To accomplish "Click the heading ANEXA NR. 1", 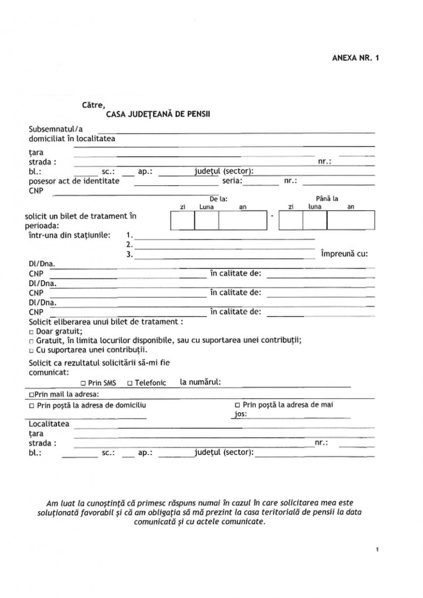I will pyautogui.click(x=355, y=58).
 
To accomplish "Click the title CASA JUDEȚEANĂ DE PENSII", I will pyautogui.click(x=158, y=114).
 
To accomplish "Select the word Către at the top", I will pyautogui.click(x=93, y=105).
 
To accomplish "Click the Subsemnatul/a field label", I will pyautogui.click(x=55, y=129).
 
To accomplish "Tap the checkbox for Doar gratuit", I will pyautogui.click(x=31, y=332).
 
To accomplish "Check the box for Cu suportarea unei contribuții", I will pyautogui.click(x=31, y=351).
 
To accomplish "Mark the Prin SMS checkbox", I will pyautogui.click(x=83, y=383).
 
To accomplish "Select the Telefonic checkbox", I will pyautogui.click(x=130, y=383).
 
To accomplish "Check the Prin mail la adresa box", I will pyautogui.click(x=31, y=395).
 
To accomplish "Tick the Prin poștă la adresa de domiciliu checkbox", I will pyautogui.click(x=31, y=406).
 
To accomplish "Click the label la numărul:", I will pyautogui.click(x=200, y=382).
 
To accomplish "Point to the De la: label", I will pyautogui.click(x=218, y=199).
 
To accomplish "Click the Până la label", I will pyautogui.click(x=327, y=199).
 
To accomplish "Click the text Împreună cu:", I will pyautogui.click(x=344, y=253).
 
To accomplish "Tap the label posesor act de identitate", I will pyautogui.click(x=74, y=181).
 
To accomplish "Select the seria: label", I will pyautogui.click(x=232, y=181).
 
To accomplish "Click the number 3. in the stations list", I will pyautogui.click(x=130, y=254).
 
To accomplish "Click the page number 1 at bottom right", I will pyautogui.click(x=377, y=550).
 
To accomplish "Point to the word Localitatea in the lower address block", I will pyautogui.click(x=49, y=424).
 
